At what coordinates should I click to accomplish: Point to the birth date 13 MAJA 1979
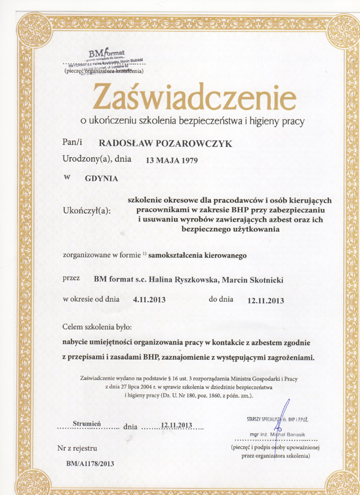pos(172,160)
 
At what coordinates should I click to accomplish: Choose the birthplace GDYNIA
pos(101,178)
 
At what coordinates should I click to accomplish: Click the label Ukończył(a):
pos(89,210)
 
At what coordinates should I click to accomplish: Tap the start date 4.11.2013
pos(149,300)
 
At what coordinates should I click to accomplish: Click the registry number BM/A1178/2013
pos(91,463)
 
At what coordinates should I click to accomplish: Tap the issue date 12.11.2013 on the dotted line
pos(176,425)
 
